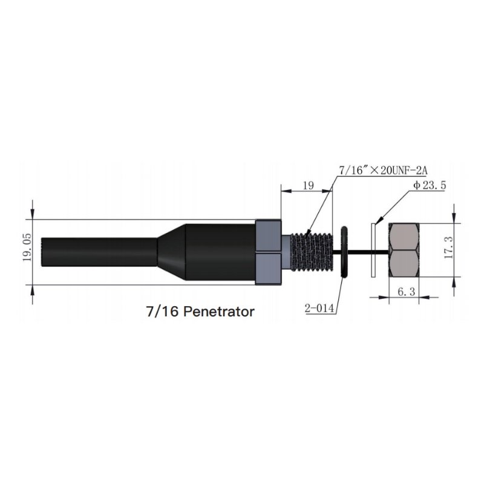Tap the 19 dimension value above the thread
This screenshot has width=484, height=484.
coord(307,186)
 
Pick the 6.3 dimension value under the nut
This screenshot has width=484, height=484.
coord(406,292)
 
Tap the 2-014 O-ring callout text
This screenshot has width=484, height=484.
coord(320,308)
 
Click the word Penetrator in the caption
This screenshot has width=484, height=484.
coord(218,312)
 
